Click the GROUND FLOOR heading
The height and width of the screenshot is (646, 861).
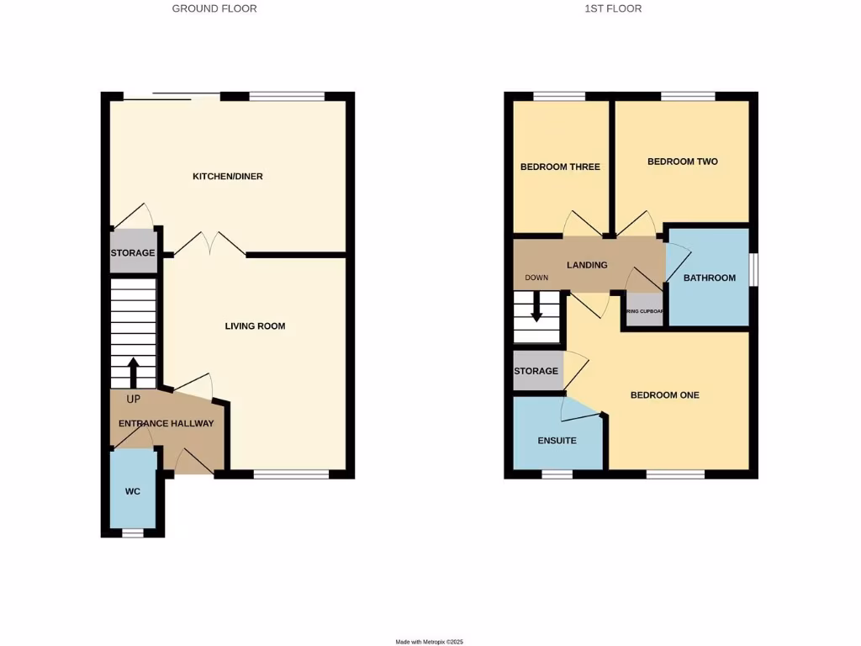[x=214, y=8]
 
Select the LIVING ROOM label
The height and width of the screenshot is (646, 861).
[x=255, y=326]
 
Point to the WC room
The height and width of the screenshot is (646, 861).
[x=133, y=490]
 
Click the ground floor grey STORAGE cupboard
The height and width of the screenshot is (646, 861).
[x=133, y=252]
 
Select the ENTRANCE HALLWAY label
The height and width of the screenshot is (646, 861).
[x=166, y=424]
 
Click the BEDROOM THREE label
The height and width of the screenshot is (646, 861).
[x=560, y=167]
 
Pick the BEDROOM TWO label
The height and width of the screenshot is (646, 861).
[x=682, y=161]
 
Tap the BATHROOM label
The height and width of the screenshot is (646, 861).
[x=709, y=278]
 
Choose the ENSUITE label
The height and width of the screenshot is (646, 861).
[x=557, y=440]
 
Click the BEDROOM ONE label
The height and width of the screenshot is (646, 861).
[x=665, y=395]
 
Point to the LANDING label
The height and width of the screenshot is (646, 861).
[x=587, y=265]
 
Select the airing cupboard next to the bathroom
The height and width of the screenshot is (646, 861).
[x=645, y=310]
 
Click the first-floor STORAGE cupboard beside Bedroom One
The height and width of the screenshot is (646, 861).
[x=536, y=371]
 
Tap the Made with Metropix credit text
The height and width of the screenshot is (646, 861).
[x=430, y=642]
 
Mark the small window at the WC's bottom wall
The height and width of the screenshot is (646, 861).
[x=133, y=533]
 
